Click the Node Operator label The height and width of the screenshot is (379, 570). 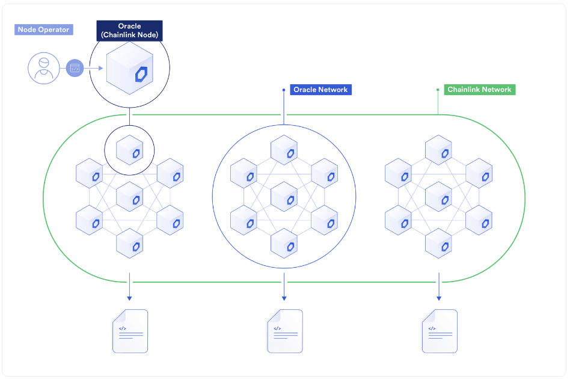click(x=44, y=29)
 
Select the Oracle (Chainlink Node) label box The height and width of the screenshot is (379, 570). click(x=129, y=31)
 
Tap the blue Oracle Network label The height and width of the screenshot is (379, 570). click(x=320, y=90)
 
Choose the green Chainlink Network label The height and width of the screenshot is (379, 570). click(x=479, y=90)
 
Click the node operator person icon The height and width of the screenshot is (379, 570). click(x=44, y=68)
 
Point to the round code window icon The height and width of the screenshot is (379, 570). click(x=75, y=68)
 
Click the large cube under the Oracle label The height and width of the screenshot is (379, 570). click(x=129, y=68)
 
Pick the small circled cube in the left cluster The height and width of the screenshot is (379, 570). click(x=129, y=150)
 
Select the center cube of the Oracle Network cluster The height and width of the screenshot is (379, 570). click(x=284, y=197)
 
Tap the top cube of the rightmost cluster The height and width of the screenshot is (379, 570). click(x=438, y=150)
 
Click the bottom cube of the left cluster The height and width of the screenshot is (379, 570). click(x=129, y=243)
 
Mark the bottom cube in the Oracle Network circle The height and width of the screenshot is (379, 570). click(x=284, y=243)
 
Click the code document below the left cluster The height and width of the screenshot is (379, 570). click(x=130, y=331)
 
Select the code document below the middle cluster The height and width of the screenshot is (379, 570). click(x=285, y=331)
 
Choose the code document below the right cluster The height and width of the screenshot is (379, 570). click(x=440, y=331)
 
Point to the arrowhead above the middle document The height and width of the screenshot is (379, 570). click(x=284, y=298)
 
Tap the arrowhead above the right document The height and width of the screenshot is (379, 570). click(x=439, y=298)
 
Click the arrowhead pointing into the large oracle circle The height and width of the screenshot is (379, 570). click(x=100, y=68)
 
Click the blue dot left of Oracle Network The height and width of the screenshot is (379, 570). click(x=284, y=90)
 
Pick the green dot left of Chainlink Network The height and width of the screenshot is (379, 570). click(x=438, y=90)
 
